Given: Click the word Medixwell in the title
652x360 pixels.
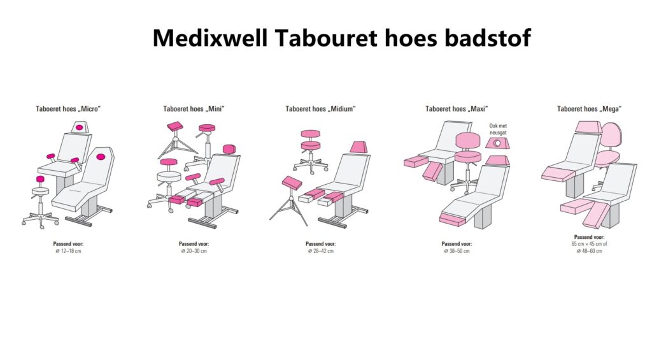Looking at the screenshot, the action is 210,38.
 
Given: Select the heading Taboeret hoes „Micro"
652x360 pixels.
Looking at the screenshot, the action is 68,109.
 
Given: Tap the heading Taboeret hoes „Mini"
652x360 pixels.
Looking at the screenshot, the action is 194,109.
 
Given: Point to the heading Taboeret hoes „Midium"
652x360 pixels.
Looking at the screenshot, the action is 320,109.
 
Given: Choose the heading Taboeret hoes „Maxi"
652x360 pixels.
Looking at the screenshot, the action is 456,109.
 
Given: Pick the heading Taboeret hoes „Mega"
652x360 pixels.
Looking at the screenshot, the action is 589,109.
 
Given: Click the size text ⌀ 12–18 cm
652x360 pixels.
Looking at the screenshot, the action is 68,251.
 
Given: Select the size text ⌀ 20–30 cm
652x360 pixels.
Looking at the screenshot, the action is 194,251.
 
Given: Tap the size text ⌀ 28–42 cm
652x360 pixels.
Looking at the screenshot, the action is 321,251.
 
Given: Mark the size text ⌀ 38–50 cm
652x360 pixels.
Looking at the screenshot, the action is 457,251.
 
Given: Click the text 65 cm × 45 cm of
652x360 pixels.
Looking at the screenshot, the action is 589,244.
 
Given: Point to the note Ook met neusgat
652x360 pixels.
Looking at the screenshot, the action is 498,129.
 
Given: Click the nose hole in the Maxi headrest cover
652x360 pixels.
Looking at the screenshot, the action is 497,143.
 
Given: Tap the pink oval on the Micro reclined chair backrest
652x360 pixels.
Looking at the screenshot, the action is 101,157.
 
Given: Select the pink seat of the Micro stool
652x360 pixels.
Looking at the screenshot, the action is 40,179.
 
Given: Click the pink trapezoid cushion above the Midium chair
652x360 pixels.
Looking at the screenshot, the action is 358,147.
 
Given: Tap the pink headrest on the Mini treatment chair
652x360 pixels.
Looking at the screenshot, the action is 229,149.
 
